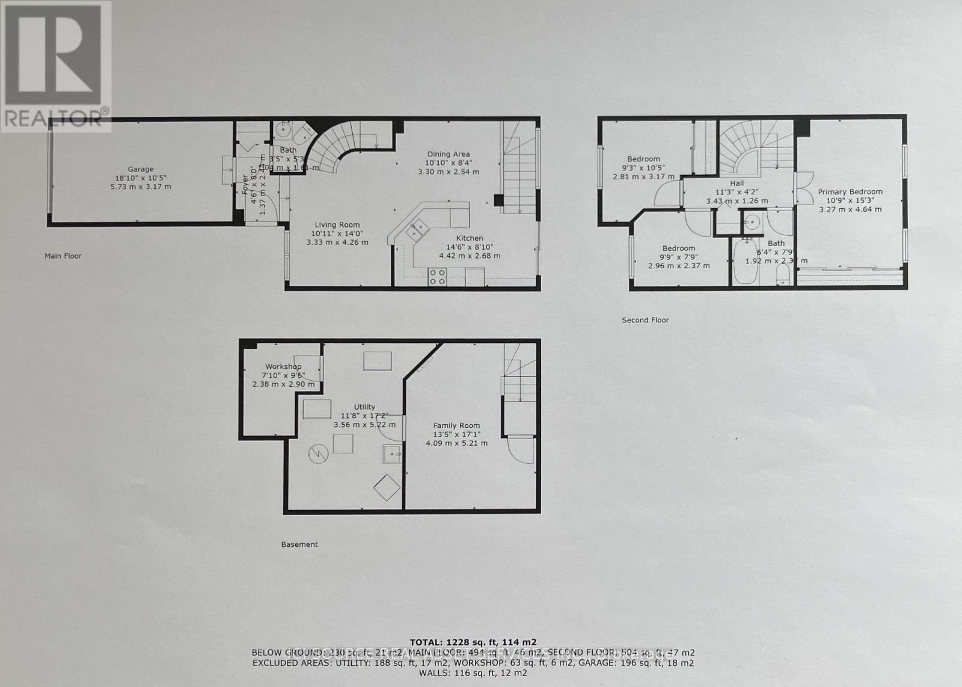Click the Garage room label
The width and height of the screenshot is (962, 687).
point(140,170)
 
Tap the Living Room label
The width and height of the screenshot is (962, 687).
point(337,225)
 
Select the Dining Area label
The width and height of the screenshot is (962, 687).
point(449,154)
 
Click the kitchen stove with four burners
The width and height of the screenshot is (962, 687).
point(437,277)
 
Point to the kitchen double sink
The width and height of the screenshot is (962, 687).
point(416,229)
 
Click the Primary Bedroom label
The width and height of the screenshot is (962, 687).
point(850,192)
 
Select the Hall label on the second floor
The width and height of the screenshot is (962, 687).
point(737,183)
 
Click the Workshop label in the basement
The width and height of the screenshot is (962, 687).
point(283,366)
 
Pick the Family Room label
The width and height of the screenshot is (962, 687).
point(456,425)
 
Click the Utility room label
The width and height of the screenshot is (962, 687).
point(364,407)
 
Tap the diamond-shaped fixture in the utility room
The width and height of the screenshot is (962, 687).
point(387,487)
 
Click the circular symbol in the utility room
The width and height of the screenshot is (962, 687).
point(316,454)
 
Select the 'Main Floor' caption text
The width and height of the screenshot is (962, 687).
point(63,256)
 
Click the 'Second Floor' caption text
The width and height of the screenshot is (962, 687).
point(645,320)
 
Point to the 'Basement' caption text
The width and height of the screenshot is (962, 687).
point(299,544)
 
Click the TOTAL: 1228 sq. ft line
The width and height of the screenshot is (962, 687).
point(473,642)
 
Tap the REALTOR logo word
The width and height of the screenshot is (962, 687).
point(54,118)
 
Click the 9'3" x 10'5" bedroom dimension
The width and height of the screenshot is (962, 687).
point(643,168)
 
